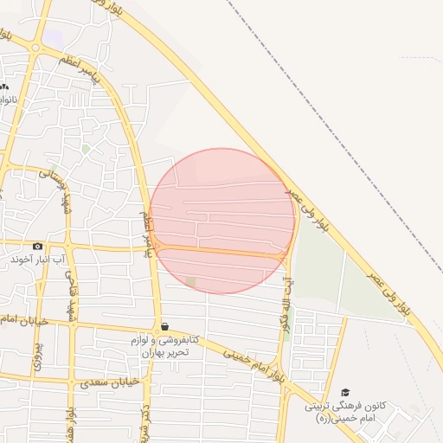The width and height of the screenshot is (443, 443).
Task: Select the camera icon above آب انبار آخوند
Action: [x=37, y=247]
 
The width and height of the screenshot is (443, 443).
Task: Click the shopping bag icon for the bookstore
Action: [x=164, y=325]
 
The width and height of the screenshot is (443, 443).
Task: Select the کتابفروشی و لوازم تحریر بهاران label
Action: [x=164, y=345]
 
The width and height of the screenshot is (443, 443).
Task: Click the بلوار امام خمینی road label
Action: [x=253, y=362]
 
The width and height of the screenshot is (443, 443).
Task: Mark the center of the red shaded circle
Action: [x=222, y=221]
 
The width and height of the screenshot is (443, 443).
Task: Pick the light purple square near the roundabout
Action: [x=54, y=38]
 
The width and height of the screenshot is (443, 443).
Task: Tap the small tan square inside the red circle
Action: [x=190, y=282]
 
